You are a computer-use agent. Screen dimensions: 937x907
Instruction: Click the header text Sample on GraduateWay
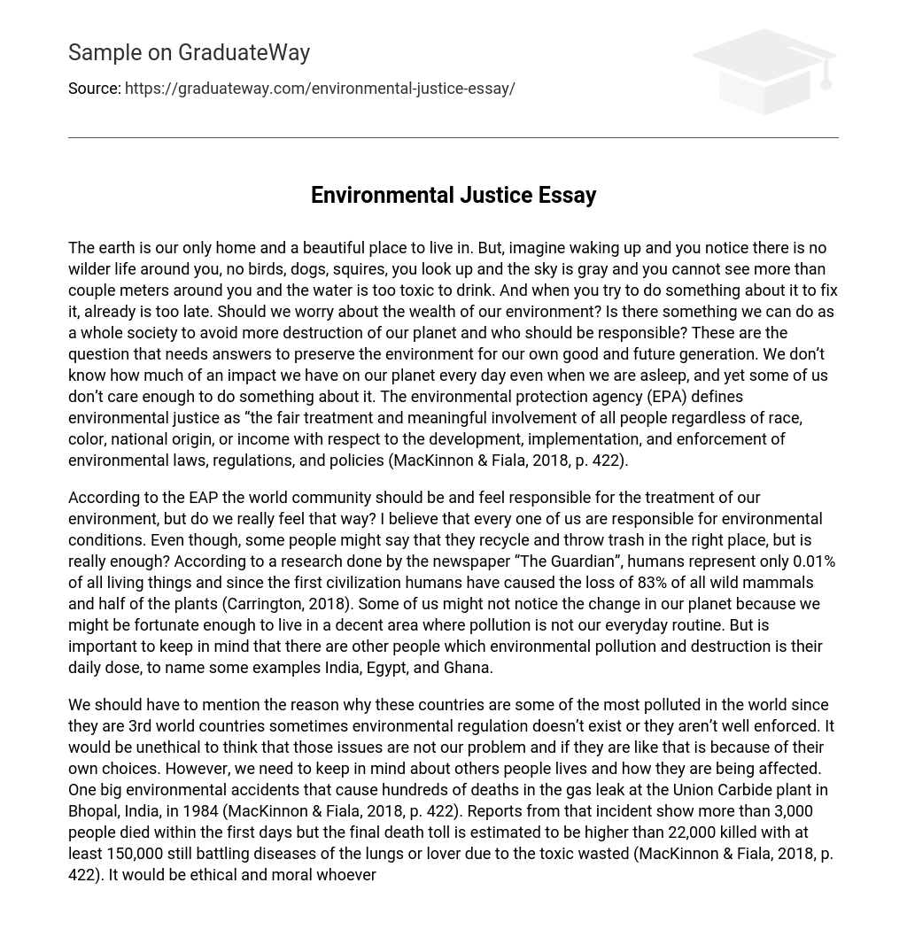point(189,53)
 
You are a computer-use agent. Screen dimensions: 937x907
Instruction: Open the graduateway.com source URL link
point(320,89)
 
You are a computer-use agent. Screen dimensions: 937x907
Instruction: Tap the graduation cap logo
point(764,71)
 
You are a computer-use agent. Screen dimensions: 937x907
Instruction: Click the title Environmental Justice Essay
point(453,195)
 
